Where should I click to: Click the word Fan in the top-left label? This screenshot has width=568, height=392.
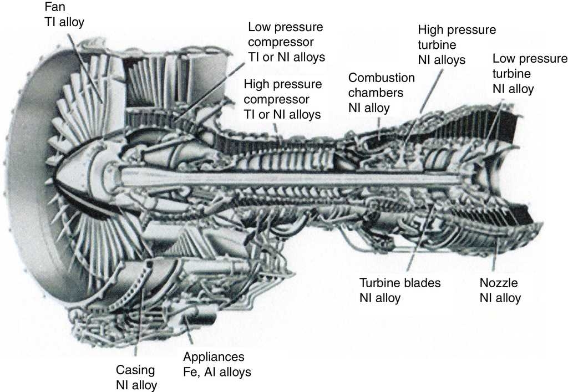pyautogui.click(x=54, y=8)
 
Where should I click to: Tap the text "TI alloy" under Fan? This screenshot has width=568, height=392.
pyautogui.click(x=65, y=22)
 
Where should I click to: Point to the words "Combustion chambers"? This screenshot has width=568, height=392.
pyautogui.click(x=381, y=85)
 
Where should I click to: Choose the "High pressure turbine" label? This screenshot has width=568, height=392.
pyautogui.click(x=457, y=37)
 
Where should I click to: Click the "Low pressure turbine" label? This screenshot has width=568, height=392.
pyautogui.click(x=530, y=66)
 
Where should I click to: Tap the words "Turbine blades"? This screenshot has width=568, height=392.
pyautogui.click(x=400, y=283)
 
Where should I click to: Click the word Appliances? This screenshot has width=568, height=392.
pyautogui.click(x=214, y=357)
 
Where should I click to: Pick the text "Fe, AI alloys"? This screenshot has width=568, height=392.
pyautogui.click(x=217, y=371)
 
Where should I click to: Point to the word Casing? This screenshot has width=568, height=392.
pyautogui.click(x=135, y=370)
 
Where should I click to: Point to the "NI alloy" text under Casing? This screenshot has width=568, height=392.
pyautogui.click(x=136, y=385)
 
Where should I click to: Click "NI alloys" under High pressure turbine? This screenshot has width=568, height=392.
pyautogui.click(x=442, y=59)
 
